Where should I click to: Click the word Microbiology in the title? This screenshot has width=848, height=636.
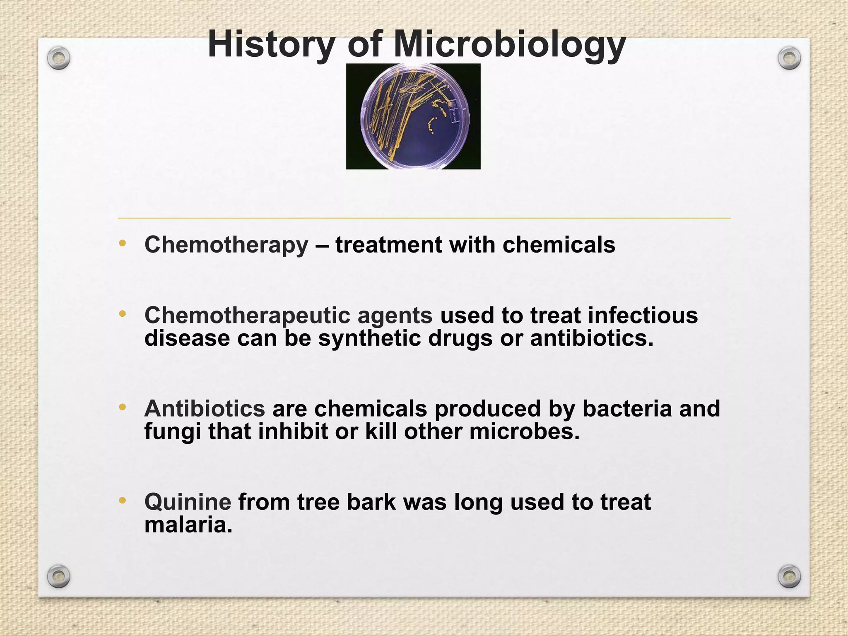tap(509, 45)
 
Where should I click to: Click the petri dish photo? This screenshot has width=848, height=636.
tap(413, 116)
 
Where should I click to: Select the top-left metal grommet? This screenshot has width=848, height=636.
tap(58, 58)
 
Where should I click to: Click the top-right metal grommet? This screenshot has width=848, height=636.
tap(789, 58)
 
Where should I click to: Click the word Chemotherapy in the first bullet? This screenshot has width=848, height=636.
tap(226, 245)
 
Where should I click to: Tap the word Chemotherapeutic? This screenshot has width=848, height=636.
tap(247, 316)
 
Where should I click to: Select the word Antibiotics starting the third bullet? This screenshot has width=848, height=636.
tap(205, 409)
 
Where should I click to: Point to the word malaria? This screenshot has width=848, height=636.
tap(188, 525)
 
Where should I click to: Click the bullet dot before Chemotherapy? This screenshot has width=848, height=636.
tap(122, 243)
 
